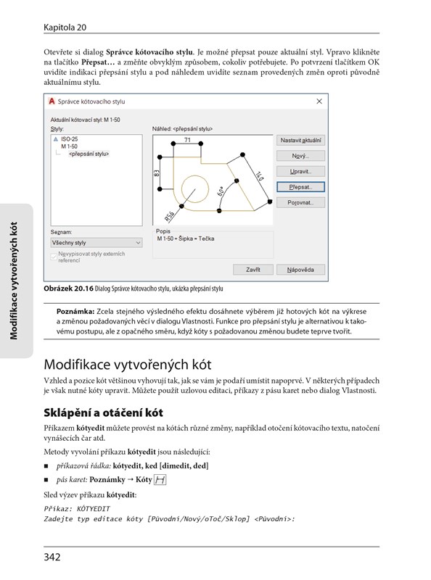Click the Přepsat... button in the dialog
(300, 187)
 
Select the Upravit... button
(300, 171)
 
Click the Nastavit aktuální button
(300, 140)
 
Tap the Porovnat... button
(300, 202)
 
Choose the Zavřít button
(253, 270)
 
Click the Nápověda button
(300, 270)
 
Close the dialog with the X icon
(319, 101)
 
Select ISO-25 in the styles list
(69, 139)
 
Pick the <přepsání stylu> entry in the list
(89, 154)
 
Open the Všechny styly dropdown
(97, 243)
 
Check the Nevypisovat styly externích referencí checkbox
(54, 257)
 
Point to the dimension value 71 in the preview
(187, 140)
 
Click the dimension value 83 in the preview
(157, 173)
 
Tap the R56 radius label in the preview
(170, 216)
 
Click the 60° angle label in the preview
(221, 191)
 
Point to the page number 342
(52, 557)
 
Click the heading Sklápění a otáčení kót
(103, 413)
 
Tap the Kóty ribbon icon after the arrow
(160, 480)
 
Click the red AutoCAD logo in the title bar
(52, 101)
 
